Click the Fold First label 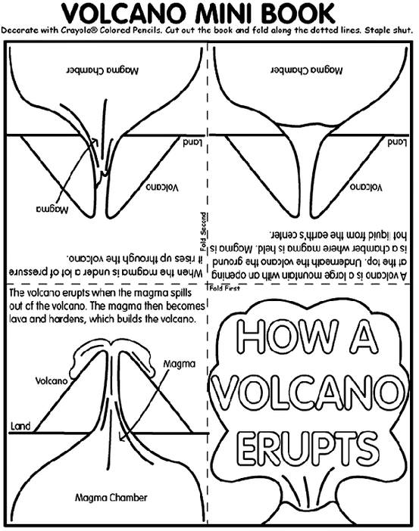[x=224, y=288]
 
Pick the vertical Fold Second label [x=203, y=231]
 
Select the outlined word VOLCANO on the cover [x=308, y=392]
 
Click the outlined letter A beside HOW [x=364, y=336]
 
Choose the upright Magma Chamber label [x=111, y=498]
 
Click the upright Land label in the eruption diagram [x=20, y=426]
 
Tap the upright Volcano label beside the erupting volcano [x=52, y=381]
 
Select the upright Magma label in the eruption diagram [x=179, y=364]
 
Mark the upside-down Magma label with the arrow [x=52, y=210]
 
